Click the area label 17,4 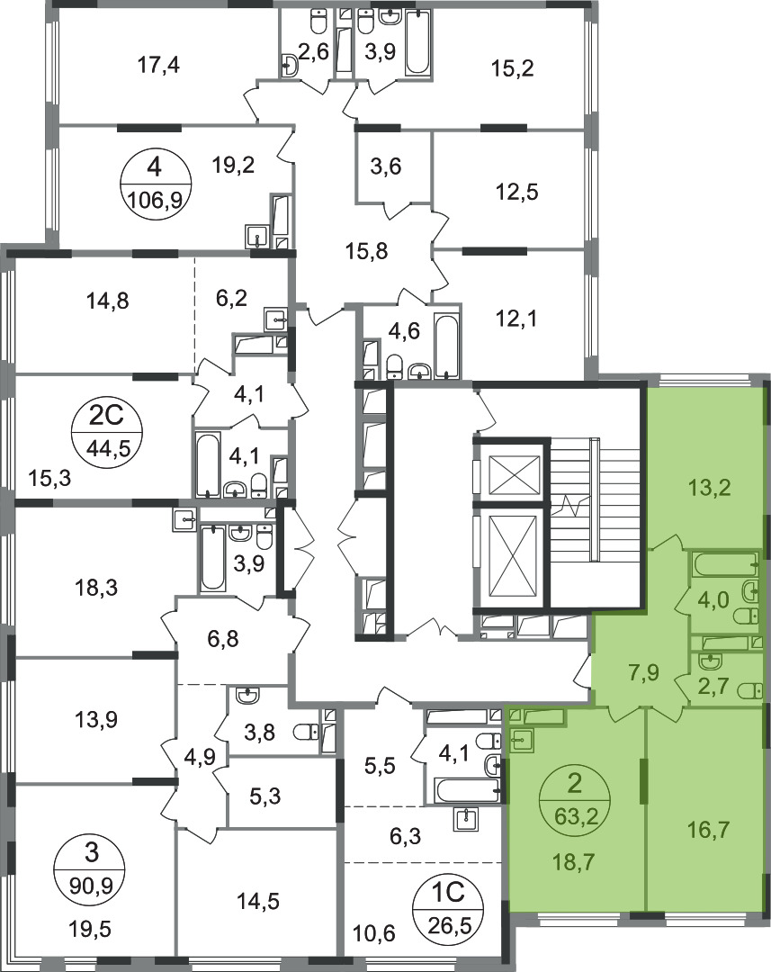click(x=158, y=65)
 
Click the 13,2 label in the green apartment click(x=710, y=489)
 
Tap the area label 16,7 click(x=708, y=829)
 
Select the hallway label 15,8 click(x=366, y=251)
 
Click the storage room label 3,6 click(x=385, y=166)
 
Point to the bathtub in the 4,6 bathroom click(x=446, y=347)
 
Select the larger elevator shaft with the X click(x=512, y=553)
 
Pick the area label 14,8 click(x=108, y=301)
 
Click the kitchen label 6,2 click(x=231, y=298)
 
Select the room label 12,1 click(x=516, y=319)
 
